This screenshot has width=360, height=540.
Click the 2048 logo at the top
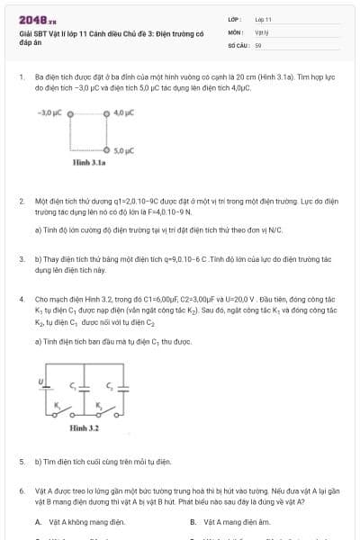tap(37, 18)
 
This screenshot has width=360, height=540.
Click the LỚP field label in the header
tap(232, 18)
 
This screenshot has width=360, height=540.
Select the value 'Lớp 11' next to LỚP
tap(263, 18)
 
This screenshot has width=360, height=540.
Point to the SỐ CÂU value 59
tap(257, 43)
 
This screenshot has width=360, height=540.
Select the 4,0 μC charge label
tap(123, 113)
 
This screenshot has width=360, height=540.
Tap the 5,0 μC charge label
tap(123, 150)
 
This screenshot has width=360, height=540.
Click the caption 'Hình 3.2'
tap(84, 428)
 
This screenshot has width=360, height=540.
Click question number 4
tap(21, 298)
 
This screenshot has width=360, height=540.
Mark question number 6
tap(21, 490)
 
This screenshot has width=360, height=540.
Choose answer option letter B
tap(193, 521)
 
